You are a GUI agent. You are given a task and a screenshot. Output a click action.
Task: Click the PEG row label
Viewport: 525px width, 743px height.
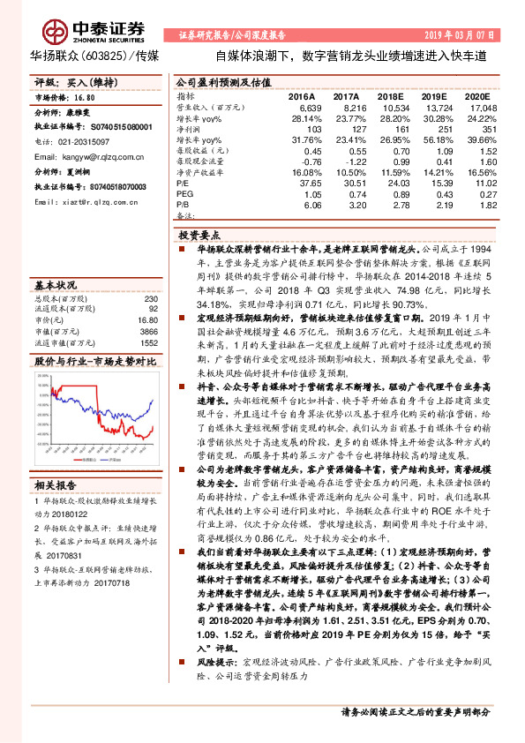(x=185, y=195)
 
